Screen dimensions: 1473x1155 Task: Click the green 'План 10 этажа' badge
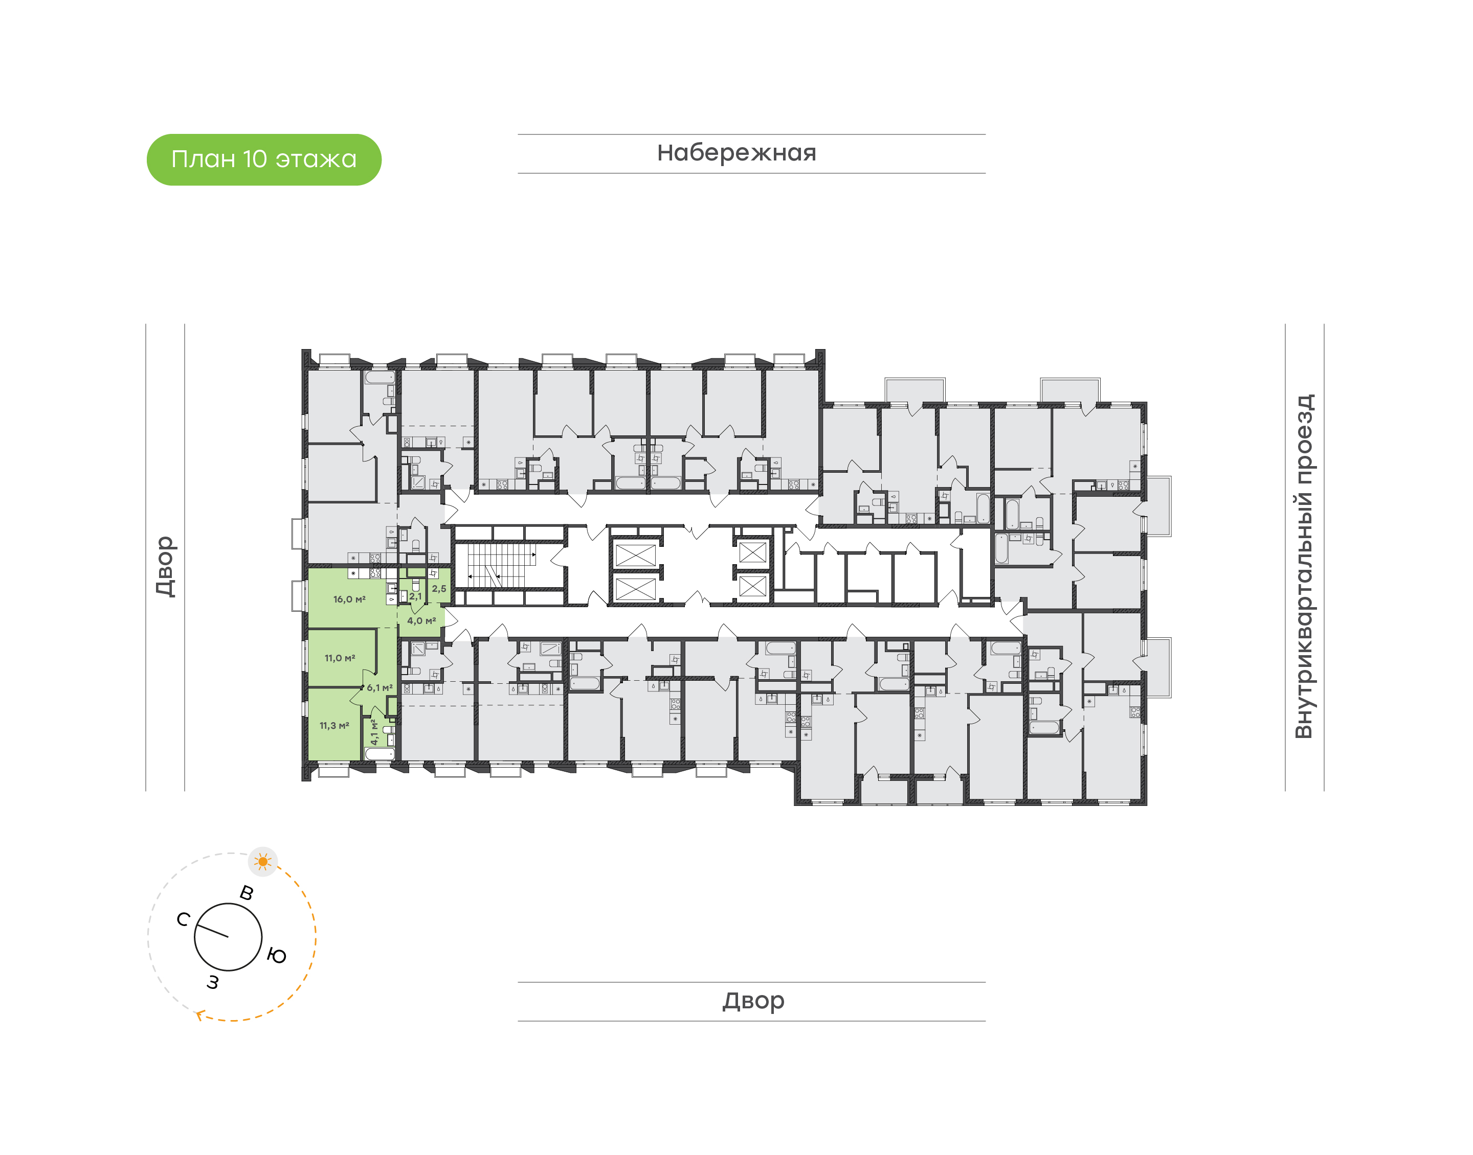pos(264,159)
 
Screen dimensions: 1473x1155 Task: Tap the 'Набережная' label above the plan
pos(737,153)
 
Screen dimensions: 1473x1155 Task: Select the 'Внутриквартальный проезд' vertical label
pos(1303,566)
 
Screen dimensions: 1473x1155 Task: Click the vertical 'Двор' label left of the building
pos(165,566)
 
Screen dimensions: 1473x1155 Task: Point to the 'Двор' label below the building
pos(753,1001)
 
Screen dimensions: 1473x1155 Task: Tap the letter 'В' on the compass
pos(247,893)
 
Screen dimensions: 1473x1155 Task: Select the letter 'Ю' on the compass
pos(277,956)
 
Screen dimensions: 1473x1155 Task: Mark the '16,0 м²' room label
pos(349,599)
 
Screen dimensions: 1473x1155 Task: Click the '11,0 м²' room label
pos(340,658)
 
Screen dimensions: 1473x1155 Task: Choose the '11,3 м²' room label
pos(334,726)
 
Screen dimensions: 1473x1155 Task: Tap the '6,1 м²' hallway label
pos(380,688)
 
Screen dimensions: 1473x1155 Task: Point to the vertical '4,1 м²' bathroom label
pos(373,732)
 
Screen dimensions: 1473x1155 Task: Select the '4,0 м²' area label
pos(421,621)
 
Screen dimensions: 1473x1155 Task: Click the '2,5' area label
pos(439,589)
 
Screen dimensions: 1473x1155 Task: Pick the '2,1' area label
pos(415,596)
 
